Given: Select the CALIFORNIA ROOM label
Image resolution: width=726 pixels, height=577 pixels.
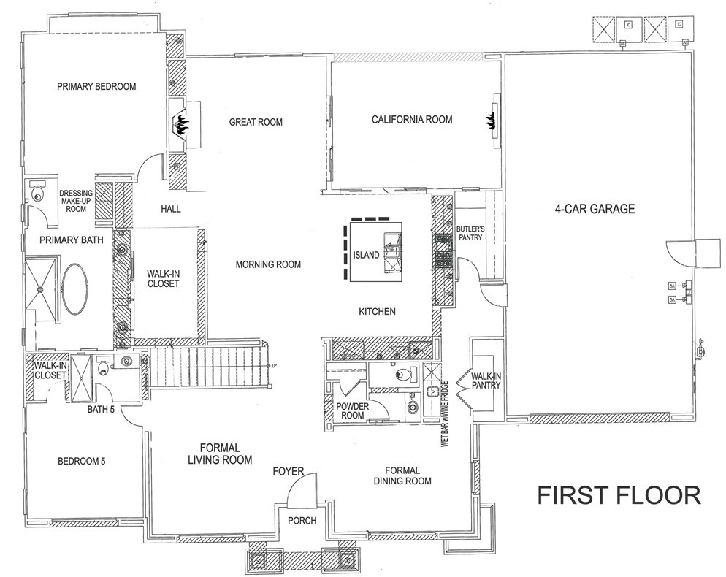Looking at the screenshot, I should pos(411,119).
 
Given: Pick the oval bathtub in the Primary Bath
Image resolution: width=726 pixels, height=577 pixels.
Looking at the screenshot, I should pos(74,288).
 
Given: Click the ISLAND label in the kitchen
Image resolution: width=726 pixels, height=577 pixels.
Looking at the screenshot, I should pos(366,255).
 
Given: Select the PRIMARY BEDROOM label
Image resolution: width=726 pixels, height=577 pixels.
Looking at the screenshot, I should pos(96,86).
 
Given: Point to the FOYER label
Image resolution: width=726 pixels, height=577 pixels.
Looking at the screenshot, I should pos(288,471).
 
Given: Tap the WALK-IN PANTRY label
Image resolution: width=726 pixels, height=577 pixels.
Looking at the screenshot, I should pos(485,380).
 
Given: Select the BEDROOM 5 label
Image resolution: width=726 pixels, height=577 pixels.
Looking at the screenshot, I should pos(82,461).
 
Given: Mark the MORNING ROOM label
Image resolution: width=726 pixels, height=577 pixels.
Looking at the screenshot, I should pos(267,264).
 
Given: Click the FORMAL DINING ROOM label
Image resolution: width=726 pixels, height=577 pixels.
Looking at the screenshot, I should pos(401,475).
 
